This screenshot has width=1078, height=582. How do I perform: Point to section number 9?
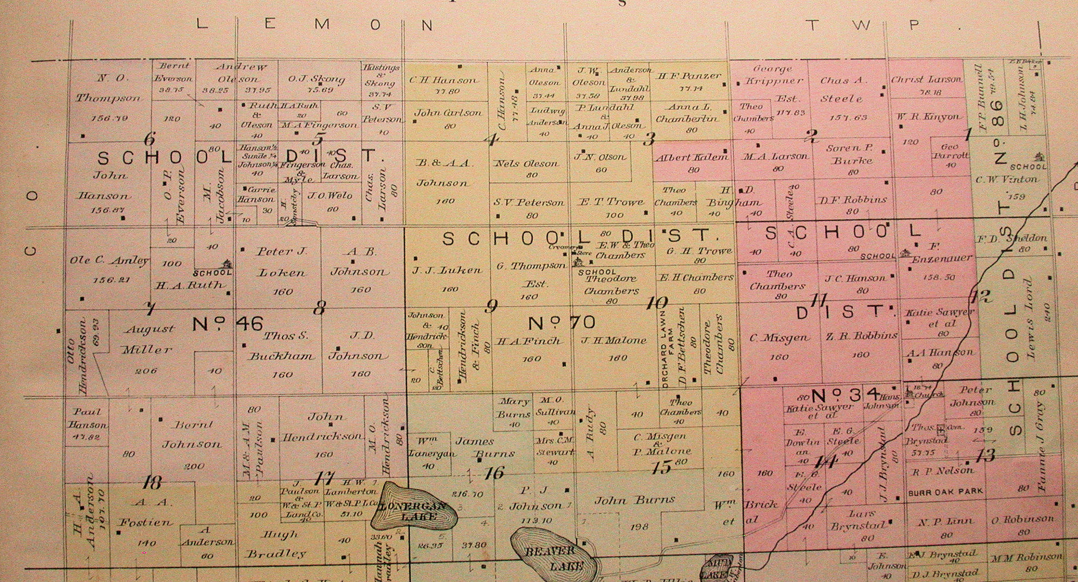(491, 307)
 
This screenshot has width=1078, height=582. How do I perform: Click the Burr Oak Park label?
(945, 492)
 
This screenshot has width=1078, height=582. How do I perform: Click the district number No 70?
(562, 323)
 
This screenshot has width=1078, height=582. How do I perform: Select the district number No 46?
(228, 324)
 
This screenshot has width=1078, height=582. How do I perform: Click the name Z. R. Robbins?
(861, 336)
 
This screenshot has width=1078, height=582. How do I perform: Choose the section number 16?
(494, 473)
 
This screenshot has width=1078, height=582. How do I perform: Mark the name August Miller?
(147, 339)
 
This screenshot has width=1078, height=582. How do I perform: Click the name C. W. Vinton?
(1006, 179)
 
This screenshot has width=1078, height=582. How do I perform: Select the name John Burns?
(635, 500)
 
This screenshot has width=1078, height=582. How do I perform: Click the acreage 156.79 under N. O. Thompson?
(110, 117)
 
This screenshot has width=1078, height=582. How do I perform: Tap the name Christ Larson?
(927, 80)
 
